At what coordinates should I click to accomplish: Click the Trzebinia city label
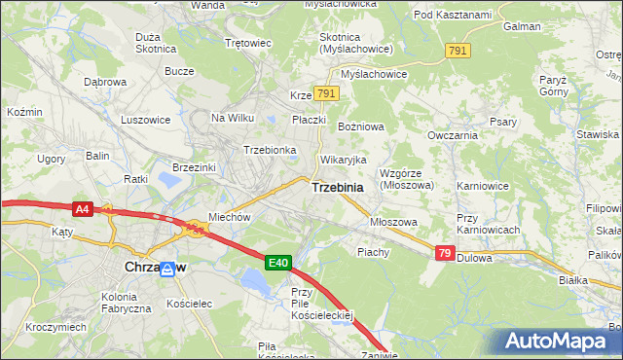(x=338, y=188)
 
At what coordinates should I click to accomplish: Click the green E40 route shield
(x=278, y=262)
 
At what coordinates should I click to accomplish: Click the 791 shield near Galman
(x=458, y=50)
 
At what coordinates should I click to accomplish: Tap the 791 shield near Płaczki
(x=327, y=93)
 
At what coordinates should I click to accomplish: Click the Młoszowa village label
(x=393, y=222)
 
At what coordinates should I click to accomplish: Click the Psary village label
(x=503, y=122)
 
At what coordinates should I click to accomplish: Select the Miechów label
(x=230, y=218)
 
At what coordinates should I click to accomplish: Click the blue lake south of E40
(x=254, y=283)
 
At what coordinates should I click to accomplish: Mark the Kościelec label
(x=188, y=304)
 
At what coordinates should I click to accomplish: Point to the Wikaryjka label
(x=343, y=159)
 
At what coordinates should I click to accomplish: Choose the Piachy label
(x=373, y=252)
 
